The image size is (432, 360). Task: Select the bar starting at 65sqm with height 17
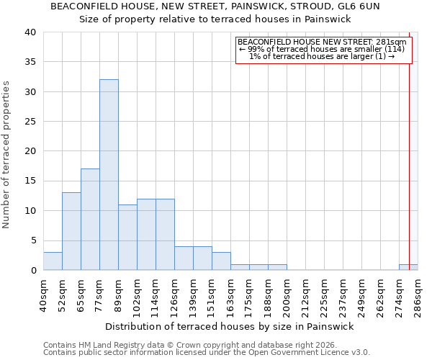(x=90, y=220)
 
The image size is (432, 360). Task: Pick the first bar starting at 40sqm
(x=53, y=261)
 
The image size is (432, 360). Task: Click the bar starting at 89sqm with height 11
(x=127, y=238)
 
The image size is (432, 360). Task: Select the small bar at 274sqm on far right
(x=408, y=267)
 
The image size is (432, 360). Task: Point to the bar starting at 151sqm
(x=221, y=261)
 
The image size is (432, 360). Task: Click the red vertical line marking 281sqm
(x=410, y=144)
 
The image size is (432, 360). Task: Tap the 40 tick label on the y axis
(x=30, y=32)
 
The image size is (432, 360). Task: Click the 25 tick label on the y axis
(x=30, y=122)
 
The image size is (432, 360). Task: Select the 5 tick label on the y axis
(x=33, y=240)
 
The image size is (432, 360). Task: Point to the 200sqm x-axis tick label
(x=287, y=295)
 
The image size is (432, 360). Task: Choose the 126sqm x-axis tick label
(x=174, y=295)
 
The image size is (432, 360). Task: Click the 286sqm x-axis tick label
(x=418, y=295)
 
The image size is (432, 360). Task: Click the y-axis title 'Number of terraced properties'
(x=6, y=154)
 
